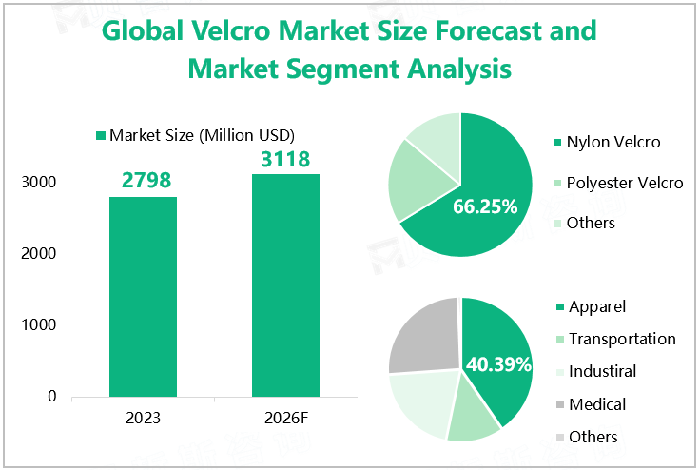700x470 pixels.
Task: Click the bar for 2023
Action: pyautogui.click(x=143, y=296)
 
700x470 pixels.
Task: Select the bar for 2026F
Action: pyautogui.click(x=285, y=284)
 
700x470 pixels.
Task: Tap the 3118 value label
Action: pyautogui.click(x=285, y=158)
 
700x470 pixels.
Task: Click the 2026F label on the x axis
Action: pyautogui.click(x=285, y=419)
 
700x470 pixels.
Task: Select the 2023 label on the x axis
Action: pyautogui.click(x=143, y=419)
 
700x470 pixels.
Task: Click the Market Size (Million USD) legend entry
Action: pyautogui.click(x=195, y=135)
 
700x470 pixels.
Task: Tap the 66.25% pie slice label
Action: pyautogui.click(x=485, y=206)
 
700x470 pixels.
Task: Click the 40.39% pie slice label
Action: pyautogui.click(x=498, y=363)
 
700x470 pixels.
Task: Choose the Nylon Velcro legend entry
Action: pyautogui.click(x=612, y=143)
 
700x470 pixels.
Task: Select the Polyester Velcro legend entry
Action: pyautogui.click(x=624, y=183)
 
